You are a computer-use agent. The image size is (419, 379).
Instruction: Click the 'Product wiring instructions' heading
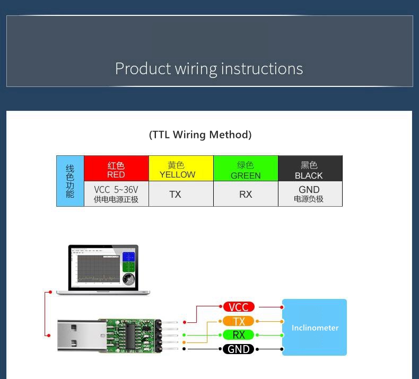209,68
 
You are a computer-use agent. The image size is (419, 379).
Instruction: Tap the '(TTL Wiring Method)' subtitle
200,135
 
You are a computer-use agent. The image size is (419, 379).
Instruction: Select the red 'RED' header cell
116,168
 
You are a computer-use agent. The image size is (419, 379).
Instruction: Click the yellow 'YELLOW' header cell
181,168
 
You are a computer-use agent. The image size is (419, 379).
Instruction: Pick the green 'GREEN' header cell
246,168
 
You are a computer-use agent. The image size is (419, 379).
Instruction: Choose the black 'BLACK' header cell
310,168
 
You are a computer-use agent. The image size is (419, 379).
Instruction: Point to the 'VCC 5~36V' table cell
116,194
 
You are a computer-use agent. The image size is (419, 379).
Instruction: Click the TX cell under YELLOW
181,194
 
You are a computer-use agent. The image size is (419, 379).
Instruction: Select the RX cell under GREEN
246,194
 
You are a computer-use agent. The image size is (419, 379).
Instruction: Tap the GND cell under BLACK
310,194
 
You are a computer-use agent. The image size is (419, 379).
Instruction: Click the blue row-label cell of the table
70,181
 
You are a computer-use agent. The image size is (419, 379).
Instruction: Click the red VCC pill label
239,307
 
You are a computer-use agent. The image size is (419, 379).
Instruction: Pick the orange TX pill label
238,321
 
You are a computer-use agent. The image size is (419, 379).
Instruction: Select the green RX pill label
238,334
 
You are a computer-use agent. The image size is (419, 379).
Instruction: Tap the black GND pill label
238,349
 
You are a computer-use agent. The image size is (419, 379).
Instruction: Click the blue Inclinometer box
315,327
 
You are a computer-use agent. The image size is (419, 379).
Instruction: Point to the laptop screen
103,267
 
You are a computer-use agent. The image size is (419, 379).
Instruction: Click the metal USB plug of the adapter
82,335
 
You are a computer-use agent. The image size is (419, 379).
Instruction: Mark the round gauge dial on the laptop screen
128,279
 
